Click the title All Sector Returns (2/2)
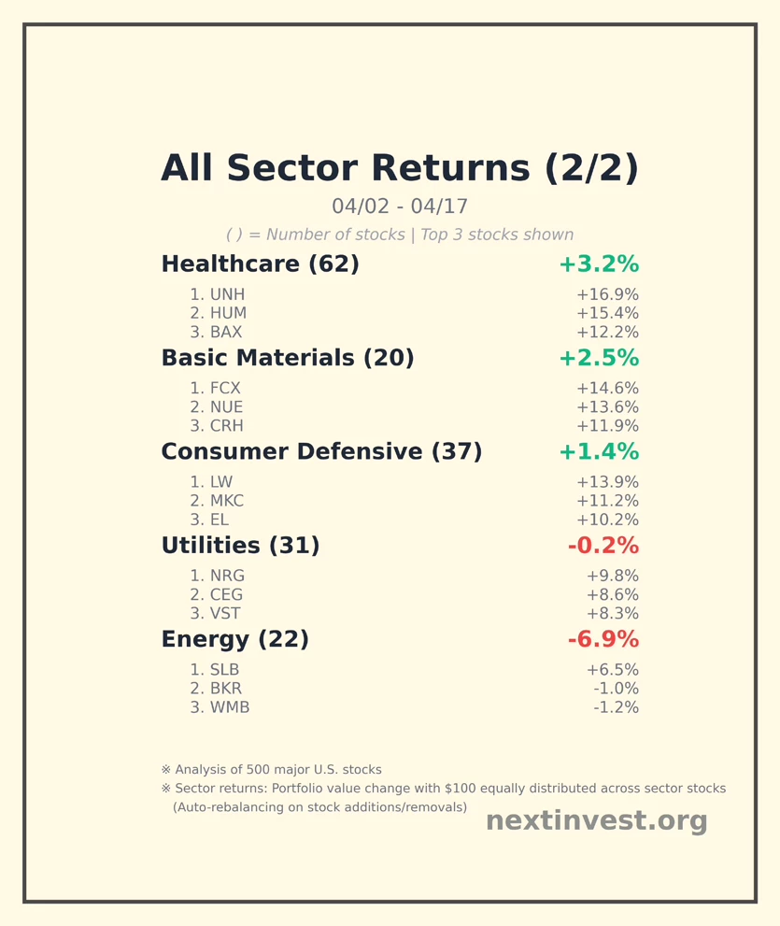click(x=400, y=168)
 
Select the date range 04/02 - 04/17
click(x=400, y=207)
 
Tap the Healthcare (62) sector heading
click(x=261, y=264)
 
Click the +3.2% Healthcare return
click(x=600, y=264)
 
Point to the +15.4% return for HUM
click(x=607, y=313)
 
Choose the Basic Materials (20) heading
click(x=288, y=358)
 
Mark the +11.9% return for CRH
click(x=607, y=426)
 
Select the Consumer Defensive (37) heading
click(x=321, y=451)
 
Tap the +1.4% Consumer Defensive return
click(x=600, y=451)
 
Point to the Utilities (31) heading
click(x=240, y=545)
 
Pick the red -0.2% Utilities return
click(x=603, y=545)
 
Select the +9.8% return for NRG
click(x=612, y=576)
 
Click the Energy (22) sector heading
click(x=235, y=639)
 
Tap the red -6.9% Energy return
click(x=603, y=639)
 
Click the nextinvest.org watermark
click(x=596, y=820)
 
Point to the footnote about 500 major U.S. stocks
click(x=272, y=770)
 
